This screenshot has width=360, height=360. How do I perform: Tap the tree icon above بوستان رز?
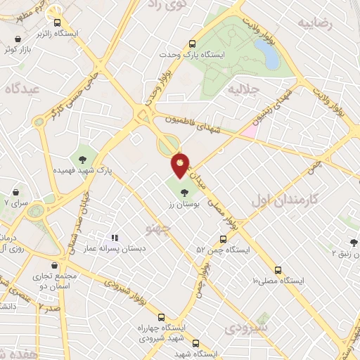pos(184,192)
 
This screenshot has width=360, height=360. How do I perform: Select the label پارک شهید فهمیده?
pos(84,170)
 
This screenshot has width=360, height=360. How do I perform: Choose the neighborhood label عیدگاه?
pos(20,88)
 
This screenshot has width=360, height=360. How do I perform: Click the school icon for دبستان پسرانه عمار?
pos(114,238)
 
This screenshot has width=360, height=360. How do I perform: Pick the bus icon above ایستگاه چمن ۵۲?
pos(224,239)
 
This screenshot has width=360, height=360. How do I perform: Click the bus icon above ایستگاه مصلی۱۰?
pos(278,270)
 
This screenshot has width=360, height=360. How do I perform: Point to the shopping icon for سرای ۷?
pos(15,192)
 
